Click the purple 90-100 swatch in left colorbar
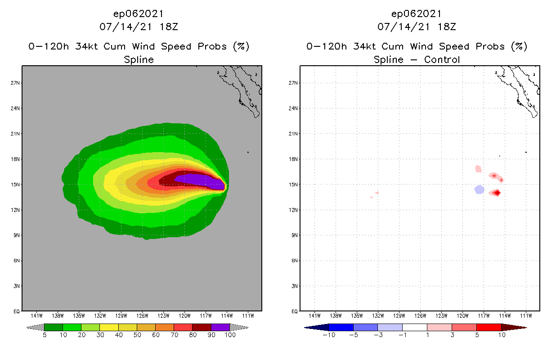click(x=220, y=327)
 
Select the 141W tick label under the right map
click(x=314, y=315)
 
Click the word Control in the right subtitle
click(x=440, y=59)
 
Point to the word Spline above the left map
click(x=139, y=59)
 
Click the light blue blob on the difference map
click(x=479, y=189)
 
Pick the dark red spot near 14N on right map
click(x=497, y=193)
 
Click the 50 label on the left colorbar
click(x=137, y=335)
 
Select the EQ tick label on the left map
click(x=15, y=311)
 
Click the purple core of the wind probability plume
click(x=198, y=180)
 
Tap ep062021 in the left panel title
click(x=139, y=13)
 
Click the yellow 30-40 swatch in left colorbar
click(x=109, y=327)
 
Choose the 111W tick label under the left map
click(x=248, y=315)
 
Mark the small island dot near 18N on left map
click(x=248, y=152)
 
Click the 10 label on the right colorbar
click(x=502, y=335)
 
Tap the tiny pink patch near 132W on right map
click(x=376, y=193)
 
